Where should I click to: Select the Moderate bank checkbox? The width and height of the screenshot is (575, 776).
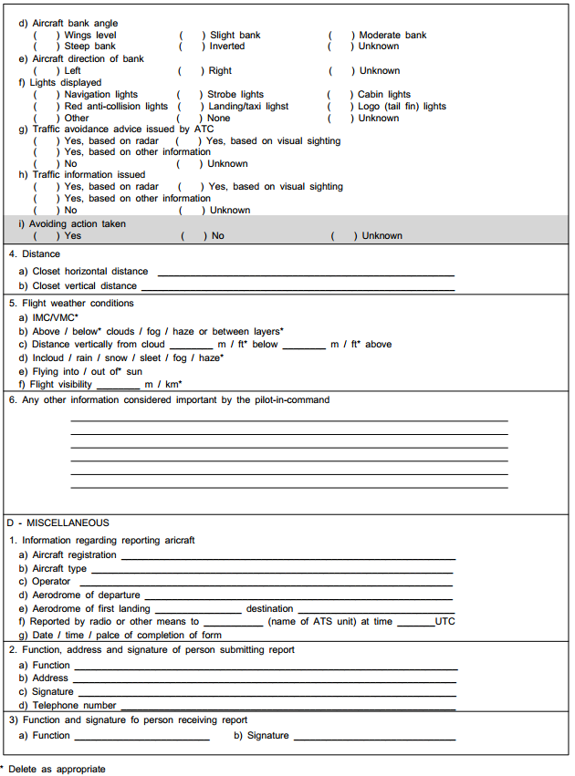pos(341,36)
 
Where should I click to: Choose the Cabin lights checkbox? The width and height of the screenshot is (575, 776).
pos(341,95)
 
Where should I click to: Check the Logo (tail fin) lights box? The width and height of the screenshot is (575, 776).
pos(341,107)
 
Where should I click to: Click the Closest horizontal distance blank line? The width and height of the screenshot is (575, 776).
pos(306,273)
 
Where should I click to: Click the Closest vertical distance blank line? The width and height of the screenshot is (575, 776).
pos(298,287)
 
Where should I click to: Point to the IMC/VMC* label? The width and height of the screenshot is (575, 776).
pos(56,317)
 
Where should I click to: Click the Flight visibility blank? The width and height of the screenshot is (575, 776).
pos(119,387)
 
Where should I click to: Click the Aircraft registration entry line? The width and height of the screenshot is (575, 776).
pos(287,556)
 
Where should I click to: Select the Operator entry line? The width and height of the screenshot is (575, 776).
pos(266,583)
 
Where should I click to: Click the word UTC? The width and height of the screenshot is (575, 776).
pos(444,622)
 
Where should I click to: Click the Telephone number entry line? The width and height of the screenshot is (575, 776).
pos(287,707)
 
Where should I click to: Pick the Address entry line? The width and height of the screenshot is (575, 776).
pos(265,679)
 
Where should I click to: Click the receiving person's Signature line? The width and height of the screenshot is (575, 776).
pos(374,737)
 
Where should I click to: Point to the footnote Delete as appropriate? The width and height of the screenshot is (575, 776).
pos(57,770)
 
